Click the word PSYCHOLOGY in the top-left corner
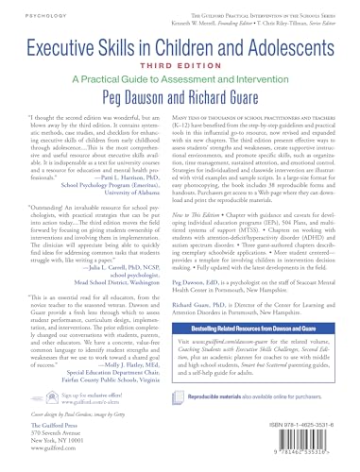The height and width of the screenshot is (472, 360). click(22, 14)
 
